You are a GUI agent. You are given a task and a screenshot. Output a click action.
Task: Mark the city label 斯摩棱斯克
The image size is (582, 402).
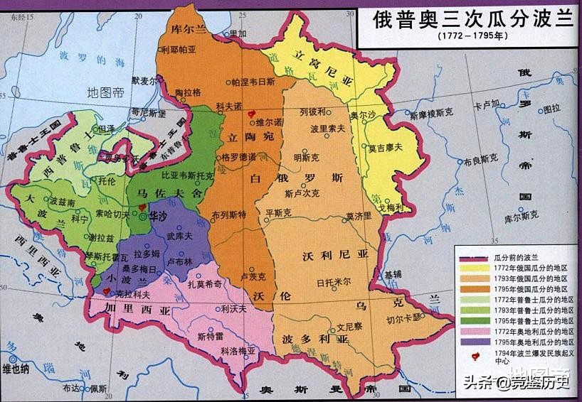pyautogui.click(x=432, y=114)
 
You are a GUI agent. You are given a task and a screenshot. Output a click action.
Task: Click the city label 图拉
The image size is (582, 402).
pyautogui.click(x=551, y=109)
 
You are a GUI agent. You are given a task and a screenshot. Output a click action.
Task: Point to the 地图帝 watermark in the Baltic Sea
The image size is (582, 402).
pyautogui.click(x=105, y=92)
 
